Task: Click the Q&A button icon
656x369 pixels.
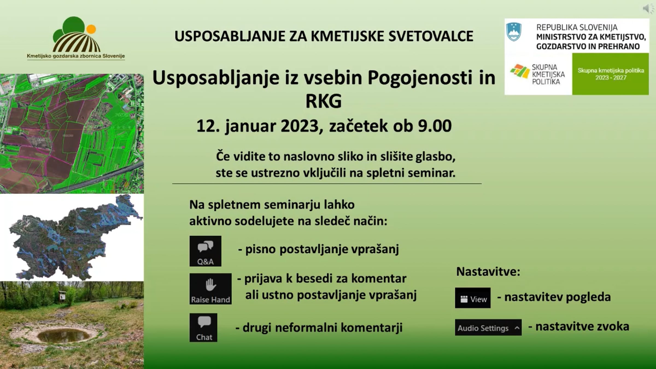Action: tap(205, 251)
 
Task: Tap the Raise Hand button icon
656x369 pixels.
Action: tap(210, 289)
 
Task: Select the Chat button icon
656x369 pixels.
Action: tap(203, 327)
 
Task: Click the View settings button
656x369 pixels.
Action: tap(473, 298)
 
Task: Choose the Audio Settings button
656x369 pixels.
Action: tap(488, 327)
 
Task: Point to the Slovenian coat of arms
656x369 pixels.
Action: tap(514, 32)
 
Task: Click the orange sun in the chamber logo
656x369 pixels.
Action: tap(91, 29)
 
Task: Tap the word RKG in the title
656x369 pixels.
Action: tap(324, 101)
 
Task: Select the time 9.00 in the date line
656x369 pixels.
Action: tap(435, 126)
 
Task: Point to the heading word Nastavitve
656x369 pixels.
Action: tap(488, 272)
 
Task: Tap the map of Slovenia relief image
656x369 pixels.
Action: tap(74, 237)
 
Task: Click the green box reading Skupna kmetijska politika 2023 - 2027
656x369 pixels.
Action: tap(610, 74)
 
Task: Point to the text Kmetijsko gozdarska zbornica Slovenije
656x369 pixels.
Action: tap(76, 56)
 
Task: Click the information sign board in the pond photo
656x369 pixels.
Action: tap(63, 296)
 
